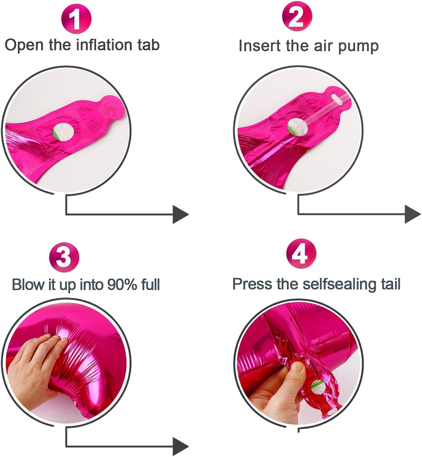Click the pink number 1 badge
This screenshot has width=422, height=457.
click(x=76, y=19)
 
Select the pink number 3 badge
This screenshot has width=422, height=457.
click(x=64, y=257)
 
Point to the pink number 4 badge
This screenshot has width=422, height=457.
click(x=301, y=254)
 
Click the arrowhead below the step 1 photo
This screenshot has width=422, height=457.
click(x=180, y=214)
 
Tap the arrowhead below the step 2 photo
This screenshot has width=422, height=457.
click(x=413, y=214)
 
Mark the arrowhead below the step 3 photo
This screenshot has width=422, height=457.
click(x=180, y=447)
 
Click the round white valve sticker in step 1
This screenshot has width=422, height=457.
click(x=63, y=132)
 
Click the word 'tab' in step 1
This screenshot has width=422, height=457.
click(x=149, y=45)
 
